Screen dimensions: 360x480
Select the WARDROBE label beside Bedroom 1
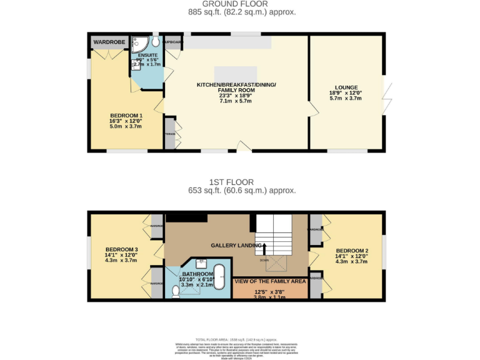tap(109, 42)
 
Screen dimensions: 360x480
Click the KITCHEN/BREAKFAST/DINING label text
tap(236, 84)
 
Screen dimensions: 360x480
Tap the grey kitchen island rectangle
tap(236, 72)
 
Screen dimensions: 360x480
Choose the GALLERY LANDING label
tap(236, 245)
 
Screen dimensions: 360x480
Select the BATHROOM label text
tap(197, 274)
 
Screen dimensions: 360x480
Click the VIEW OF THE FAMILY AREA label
tap(270, 281)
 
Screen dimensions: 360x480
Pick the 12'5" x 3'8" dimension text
tap(269, 291)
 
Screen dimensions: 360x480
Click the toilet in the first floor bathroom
tap(174, 292)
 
